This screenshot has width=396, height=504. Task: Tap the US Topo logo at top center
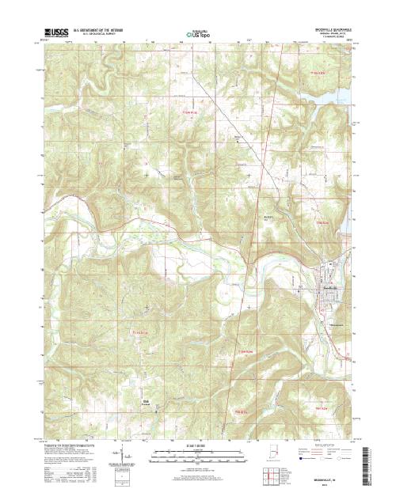pyautogui.click(x=197, y=34)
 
